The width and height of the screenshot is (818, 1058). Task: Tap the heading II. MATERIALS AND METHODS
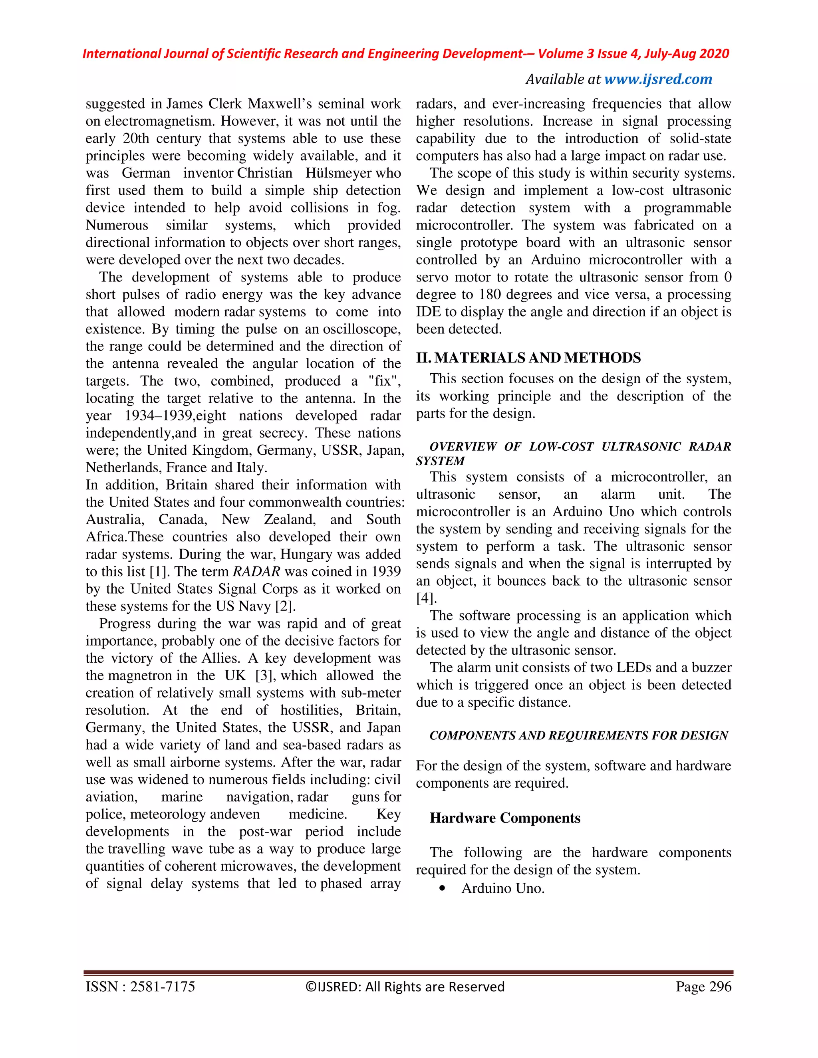528,358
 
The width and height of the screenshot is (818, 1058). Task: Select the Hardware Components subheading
505,818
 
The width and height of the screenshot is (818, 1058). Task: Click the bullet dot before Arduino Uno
442,888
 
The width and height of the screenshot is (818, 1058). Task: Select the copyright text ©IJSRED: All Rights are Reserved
405,987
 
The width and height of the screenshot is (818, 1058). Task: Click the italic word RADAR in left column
256,572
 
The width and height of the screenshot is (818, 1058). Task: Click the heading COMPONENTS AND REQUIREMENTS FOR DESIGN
579,735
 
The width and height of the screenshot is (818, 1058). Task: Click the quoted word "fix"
384,381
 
